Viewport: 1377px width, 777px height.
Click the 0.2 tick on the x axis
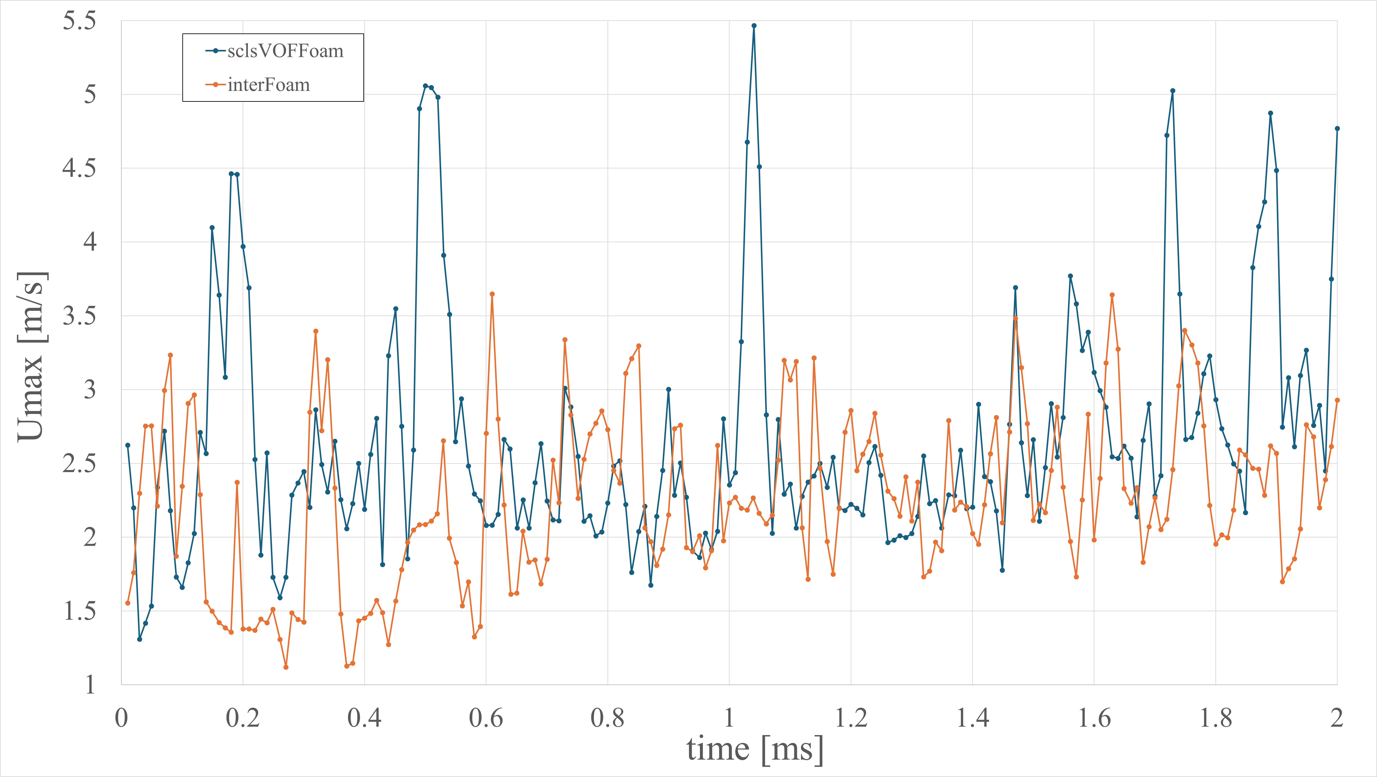pyautogui.click(x=243, y=718)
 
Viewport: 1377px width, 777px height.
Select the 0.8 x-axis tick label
pyautogui.click(x=608, y=718)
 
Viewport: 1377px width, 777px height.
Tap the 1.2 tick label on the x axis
pyautogui.click(x=851, y=718)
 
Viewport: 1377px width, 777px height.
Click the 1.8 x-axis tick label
pyautogui.click(x=1216, y=718)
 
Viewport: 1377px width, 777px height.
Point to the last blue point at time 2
pyautogui.click(x=1337, y=128)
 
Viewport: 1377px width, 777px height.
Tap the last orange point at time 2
pyautogui.click(x=1337, y=400)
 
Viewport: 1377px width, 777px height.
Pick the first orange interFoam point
pyautogui.click(x=128, y=603)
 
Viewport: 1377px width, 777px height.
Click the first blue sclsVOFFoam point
pyautogui.click(x=128, y=445)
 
